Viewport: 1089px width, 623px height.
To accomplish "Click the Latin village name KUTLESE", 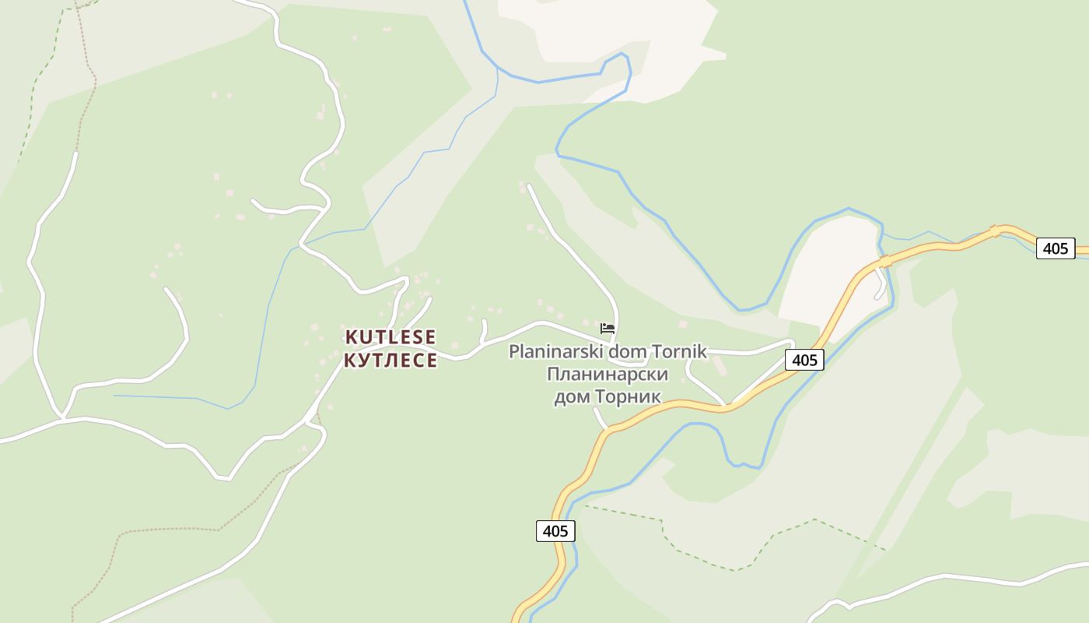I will click(x=390, y=337).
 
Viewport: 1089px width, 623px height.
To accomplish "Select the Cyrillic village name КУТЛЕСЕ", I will click(x=390, y=360).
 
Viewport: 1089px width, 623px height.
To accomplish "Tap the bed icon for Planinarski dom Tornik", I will click(x=608, y=328).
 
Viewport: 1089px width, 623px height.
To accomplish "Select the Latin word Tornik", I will click(x=678, y=352).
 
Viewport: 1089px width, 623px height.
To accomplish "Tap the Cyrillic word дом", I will click(x=572, y=397).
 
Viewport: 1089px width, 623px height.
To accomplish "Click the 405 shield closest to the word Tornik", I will click(x=804, y=360).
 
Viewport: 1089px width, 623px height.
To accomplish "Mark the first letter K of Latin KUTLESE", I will click(x=351, y=337).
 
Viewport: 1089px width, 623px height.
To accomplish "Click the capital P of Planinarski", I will click(x=513, y=352).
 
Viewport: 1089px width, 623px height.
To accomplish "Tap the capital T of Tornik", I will click(x=656, y=352).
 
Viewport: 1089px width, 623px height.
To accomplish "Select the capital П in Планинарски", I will click(x=553, y=375).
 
